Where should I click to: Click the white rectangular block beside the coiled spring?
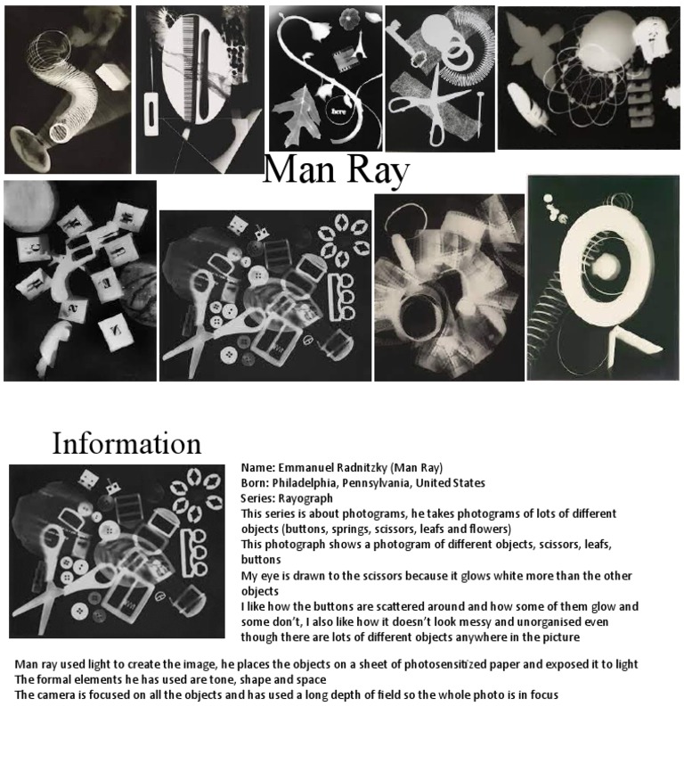click(x=111, y=76)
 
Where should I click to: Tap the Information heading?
click(x=126, y=443)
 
